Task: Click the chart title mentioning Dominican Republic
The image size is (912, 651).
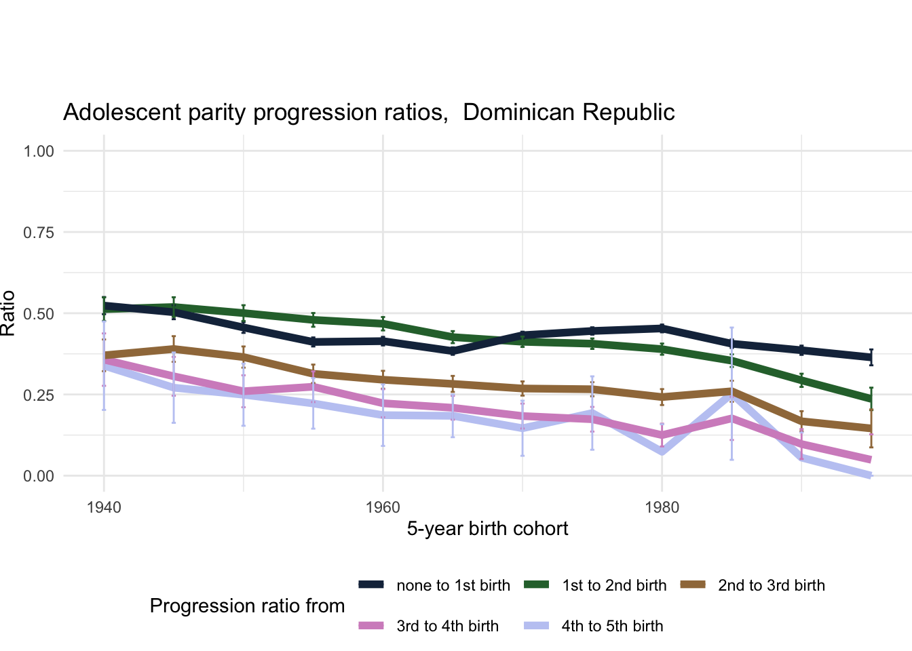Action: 368,113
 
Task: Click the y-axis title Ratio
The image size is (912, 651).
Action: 8,313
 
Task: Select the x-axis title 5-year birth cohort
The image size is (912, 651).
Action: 487,529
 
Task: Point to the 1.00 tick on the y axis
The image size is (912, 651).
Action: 39,151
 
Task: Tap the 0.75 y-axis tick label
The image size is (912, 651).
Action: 39,233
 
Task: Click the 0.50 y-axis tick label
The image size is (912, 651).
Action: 39,314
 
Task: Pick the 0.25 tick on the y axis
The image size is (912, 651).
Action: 39,395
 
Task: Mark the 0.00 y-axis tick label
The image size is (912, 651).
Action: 39,476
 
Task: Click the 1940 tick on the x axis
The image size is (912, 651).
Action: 104,507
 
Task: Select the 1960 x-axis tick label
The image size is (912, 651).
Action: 383,507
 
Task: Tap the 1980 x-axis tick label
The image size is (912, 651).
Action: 662,507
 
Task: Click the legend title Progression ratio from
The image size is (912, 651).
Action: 247,606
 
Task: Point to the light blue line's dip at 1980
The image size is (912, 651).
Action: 662,451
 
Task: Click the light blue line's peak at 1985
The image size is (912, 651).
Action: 731,395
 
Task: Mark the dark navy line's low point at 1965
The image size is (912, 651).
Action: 453,351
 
